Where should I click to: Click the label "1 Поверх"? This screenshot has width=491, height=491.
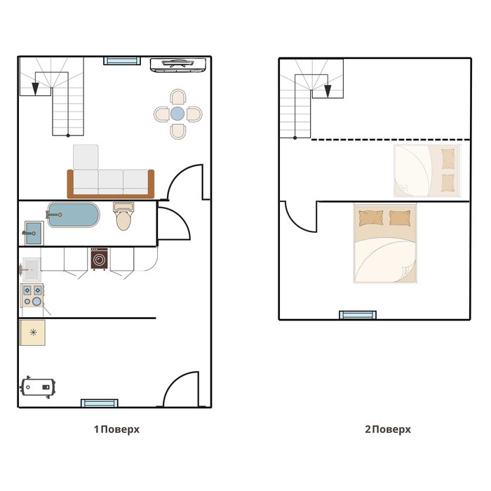117,429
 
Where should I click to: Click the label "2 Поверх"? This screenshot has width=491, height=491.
388,429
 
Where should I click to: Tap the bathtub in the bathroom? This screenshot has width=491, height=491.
73,215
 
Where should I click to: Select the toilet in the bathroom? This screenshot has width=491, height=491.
123,216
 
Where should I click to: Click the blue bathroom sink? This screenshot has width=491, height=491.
34,233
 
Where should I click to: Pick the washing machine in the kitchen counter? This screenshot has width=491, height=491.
100,259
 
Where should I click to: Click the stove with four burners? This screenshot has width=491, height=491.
32,295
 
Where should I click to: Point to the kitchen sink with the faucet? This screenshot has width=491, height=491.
30,269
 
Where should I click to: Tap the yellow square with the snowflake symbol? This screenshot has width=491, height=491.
32,332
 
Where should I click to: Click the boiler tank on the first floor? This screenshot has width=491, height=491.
38,387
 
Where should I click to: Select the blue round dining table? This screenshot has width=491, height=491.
177,114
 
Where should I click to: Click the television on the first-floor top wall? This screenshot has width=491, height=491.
178,65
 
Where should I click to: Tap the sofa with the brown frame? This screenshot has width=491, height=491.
111,183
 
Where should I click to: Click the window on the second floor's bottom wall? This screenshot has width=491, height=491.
358,315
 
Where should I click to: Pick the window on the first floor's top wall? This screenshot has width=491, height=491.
122,60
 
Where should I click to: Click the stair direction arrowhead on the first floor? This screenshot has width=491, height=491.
35,89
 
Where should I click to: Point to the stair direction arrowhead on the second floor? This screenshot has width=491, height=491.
328,91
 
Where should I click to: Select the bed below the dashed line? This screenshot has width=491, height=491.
427,170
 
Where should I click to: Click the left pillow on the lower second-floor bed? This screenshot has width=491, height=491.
371,218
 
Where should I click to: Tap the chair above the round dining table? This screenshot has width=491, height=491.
178,97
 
